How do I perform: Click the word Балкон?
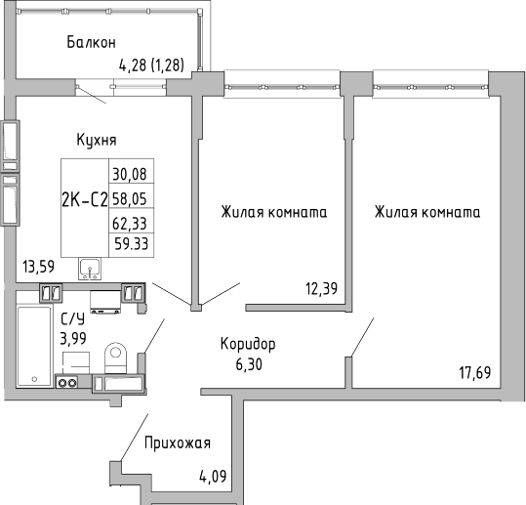pos(92,42)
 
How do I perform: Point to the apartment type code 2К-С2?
pos(84,202)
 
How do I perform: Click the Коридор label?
pos(247,344)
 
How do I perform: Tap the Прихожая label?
pos(178,443)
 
